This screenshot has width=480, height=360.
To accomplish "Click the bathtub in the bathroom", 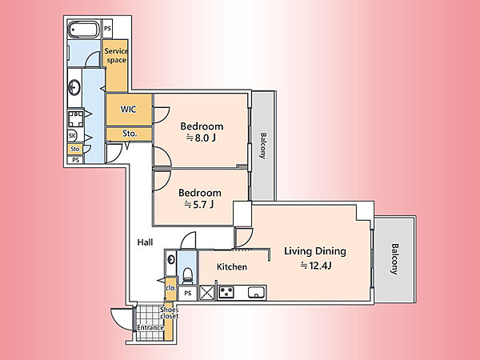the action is [83, 30].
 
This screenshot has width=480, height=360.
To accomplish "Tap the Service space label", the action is [116, 55].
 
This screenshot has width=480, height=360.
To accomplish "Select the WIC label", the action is [129, 110].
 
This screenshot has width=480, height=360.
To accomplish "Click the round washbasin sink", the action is [74, 87].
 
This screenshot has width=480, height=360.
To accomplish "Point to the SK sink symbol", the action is [72, 136].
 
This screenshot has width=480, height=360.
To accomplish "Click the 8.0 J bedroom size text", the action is [201, 138].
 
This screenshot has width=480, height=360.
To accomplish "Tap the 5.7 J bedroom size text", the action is [199, 205].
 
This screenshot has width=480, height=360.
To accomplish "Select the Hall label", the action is [145, 242].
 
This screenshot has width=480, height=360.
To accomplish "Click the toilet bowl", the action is [187, 274].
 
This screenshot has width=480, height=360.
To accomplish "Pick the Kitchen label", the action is [232, 267].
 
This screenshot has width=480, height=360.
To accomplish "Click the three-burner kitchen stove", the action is [226, 292].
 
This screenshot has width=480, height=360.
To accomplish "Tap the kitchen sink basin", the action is [257, 293].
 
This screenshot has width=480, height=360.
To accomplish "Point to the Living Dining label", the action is [315, 251].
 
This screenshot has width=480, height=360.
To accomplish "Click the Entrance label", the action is [150, 328].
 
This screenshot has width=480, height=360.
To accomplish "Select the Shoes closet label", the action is [169, 313].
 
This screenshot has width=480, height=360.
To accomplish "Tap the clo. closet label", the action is [171, 288].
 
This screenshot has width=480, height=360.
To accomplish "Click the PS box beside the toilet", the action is [188, 293].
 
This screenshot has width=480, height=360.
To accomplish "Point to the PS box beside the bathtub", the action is [107, 29].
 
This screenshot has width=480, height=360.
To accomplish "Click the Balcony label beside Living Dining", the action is [395, 259].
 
